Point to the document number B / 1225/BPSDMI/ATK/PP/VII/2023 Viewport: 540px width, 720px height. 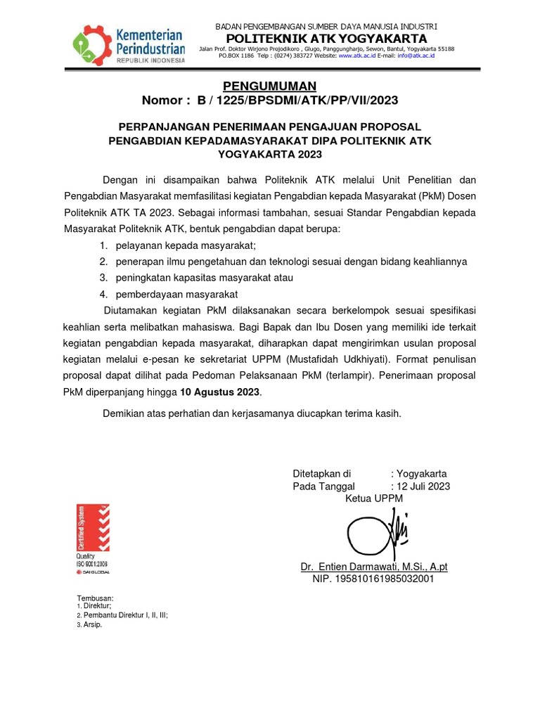coord(297,101)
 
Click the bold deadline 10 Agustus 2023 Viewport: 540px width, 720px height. coord(220,391)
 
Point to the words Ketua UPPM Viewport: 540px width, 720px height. coord(374,499)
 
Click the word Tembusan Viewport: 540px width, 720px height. coord(94,598)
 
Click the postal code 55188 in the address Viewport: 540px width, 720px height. coord(444,49)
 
